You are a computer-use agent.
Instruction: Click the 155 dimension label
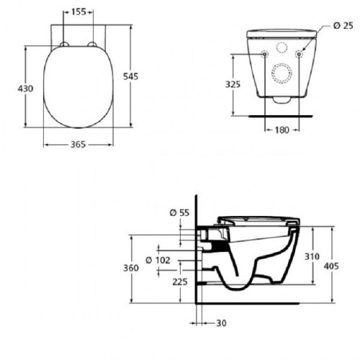[78, 12]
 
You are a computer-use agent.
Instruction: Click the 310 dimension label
[311, 256]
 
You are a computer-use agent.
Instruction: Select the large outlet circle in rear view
[281, 73]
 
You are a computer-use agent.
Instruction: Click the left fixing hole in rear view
[264, 53]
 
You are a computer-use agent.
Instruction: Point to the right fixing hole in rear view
[297, 53]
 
